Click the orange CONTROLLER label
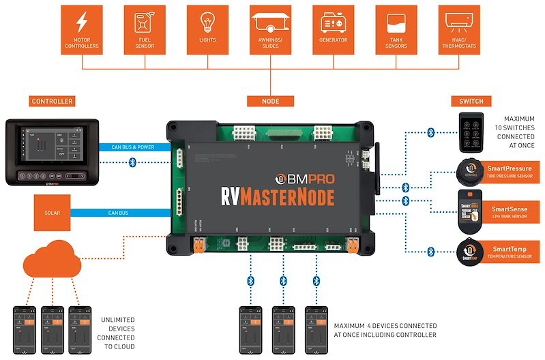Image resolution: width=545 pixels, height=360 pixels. pos(52,102)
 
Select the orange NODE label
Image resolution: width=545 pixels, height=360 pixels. pos(271,102)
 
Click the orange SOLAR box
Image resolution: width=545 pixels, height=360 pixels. pos(52,213)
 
